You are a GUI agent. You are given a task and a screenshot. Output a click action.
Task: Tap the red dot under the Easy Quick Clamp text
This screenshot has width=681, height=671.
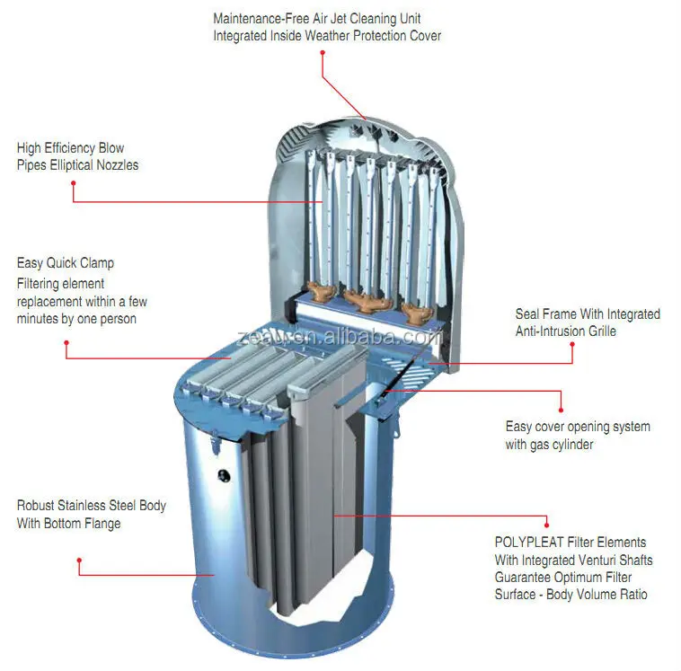(66, 341)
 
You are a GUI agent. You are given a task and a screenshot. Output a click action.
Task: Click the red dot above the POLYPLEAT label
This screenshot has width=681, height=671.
(546, 520)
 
